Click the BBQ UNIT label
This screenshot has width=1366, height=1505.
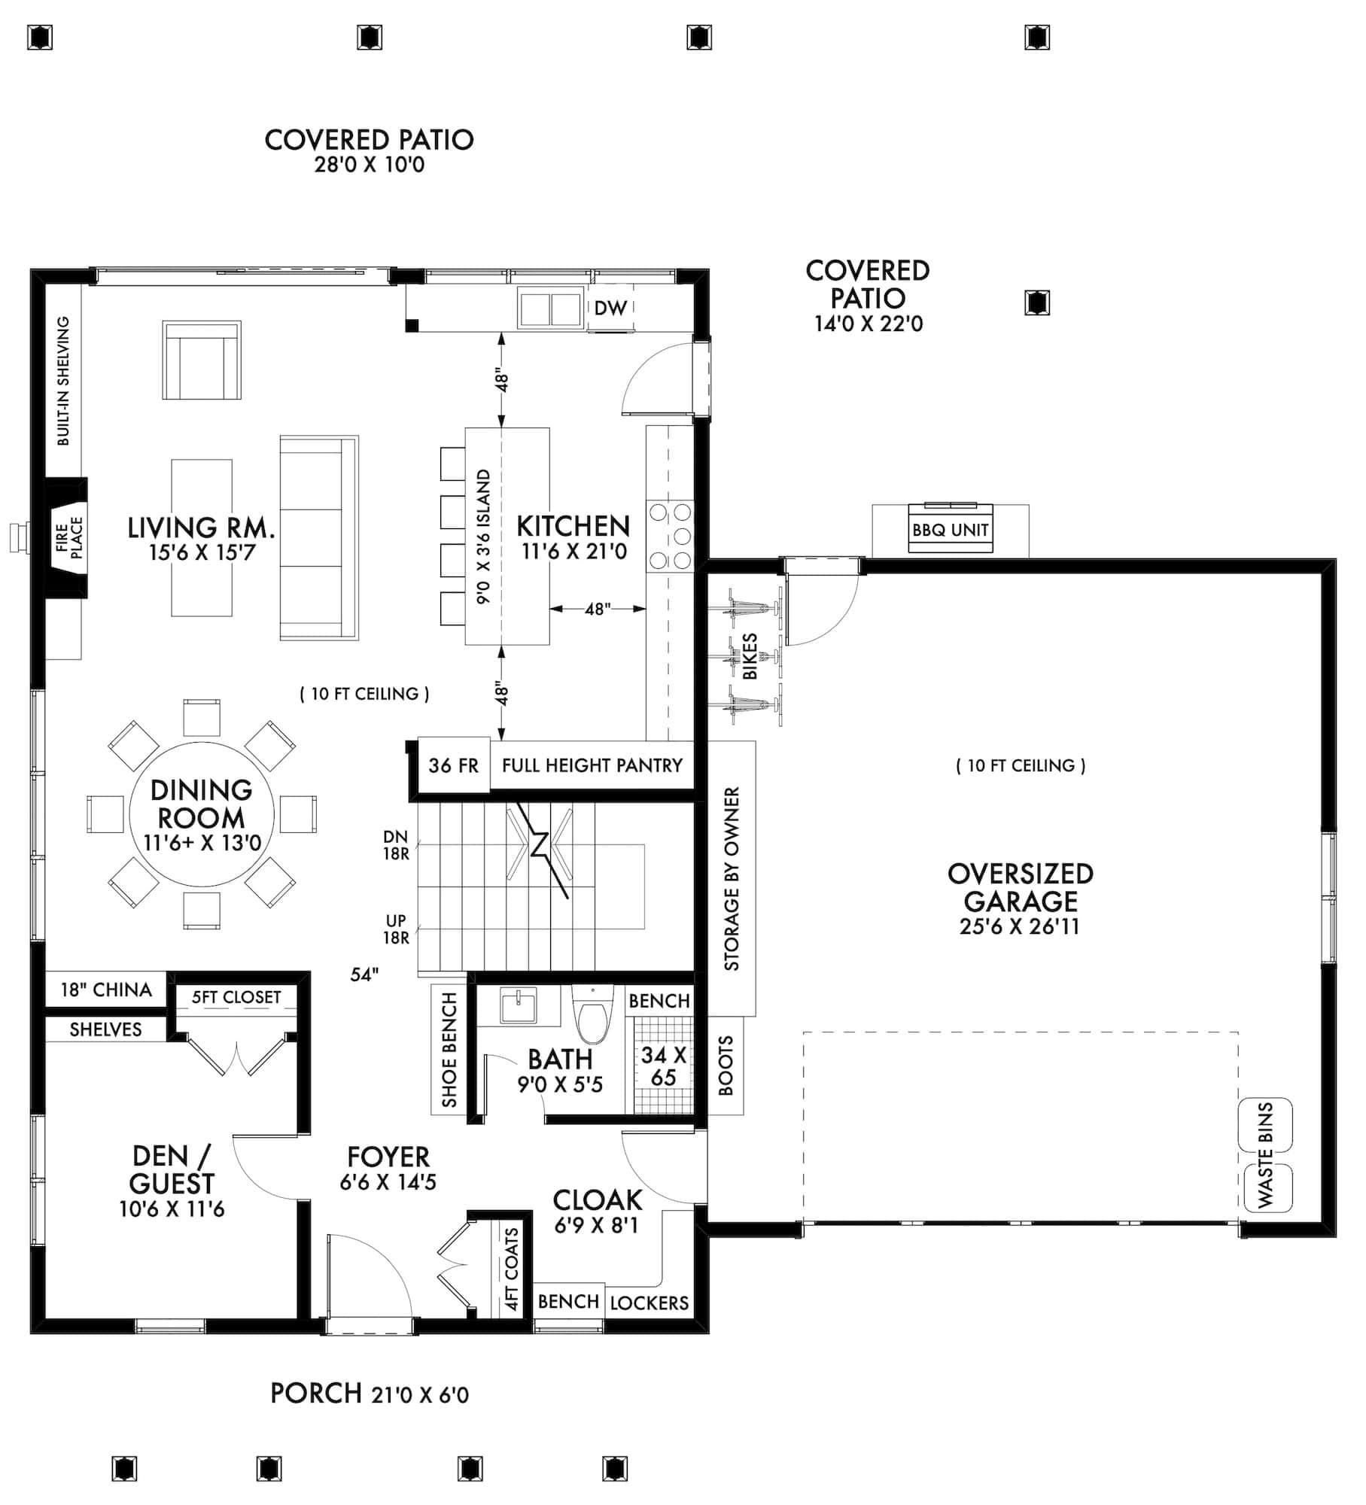950,530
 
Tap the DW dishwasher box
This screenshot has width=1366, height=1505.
610,308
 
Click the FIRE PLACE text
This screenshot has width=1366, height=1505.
69,537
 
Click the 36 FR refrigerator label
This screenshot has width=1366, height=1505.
453,765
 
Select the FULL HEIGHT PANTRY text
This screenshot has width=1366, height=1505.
592,765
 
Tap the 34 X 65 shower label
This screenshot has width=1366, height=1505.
663,1066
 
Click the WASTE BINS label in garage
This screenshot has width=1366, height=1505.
1265,1155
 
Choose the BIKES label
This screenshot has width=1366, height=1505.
750,656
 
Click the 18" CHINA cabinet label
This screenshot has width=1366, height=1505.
106,990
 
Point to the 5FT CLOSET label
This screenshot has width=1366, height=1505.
236,997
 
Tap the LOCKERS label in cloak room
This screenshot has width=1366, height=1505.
649,1303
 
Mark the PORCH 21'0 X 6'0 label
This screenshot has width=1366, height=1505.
369,1394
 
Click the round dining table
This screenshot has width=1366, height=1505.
202,814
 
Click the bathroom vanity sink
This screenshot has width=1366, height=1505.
518,1007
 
